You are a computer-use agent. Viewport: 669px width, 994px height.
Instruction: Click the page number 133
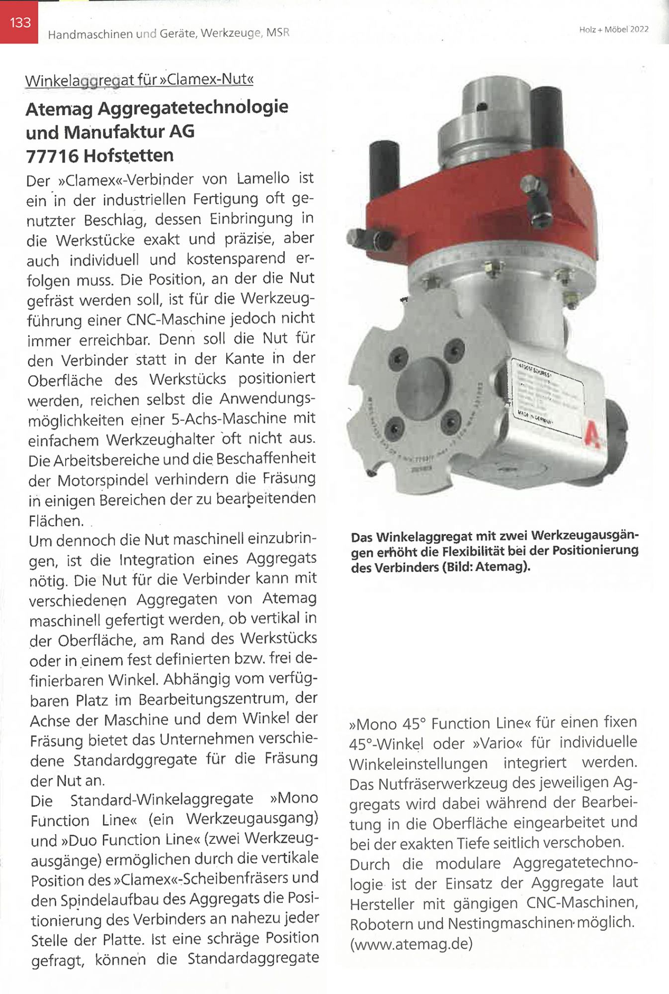click(x=20, y=23)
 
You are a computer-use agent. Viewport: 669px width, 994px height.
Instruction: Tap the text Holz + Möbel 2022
click(x=613, y=29)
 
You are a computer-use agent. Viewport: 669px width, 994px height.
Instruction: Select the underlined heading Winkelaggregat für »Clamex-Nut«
click(x=139, y=80)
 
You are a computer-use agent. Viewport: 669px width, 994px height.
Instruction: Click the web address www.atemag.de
click(x=412, y=943)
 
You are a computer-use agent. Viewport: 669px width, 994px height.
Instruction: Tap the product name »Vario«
click(x=499, y=743)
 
